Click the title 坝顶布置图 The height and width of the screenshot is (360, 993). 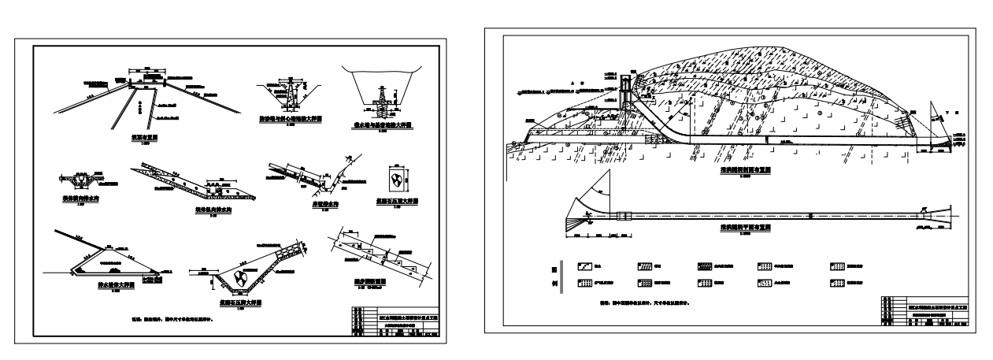(x=143, y=135)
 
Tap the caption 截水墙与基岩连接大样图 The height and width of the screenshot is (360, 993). (x=383, y=124)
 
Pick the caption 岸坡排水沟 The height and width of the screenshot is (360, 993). (x=302, y=204)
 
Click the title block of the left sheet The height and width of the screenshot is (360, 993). (x=391, y=324)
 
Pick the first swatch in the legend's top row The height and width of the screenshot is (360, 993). (x=586, y=266)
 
